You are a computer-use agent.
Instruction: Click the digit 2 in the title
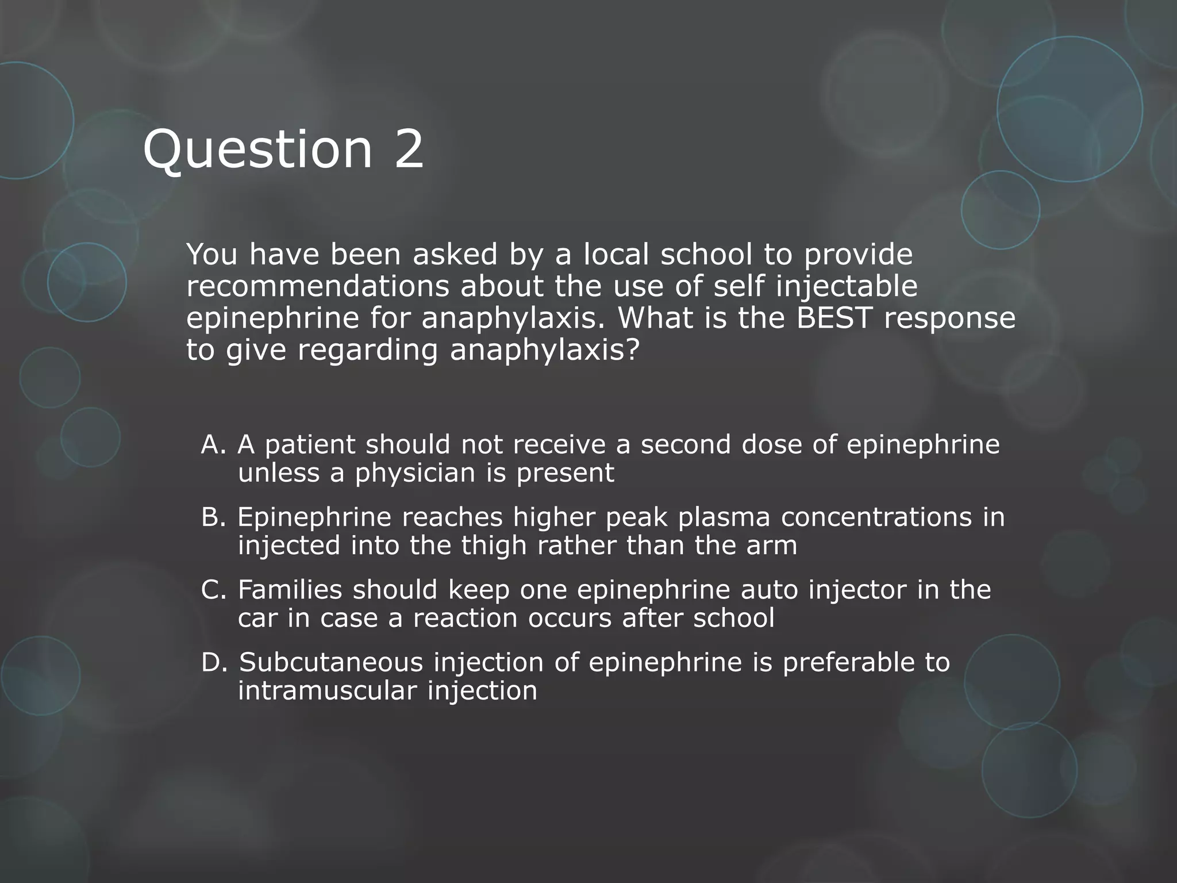[408, 150]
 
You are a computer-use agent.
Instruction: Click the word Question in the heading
[258, 150]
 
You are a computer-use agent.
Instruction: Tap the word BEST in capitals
[834, 318]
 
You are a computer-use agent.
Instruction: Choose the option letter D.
[213, 662]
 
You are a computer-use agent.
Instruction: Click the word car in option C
[257, 618]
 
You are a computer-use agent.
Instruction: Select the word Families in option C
[290, 590]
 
